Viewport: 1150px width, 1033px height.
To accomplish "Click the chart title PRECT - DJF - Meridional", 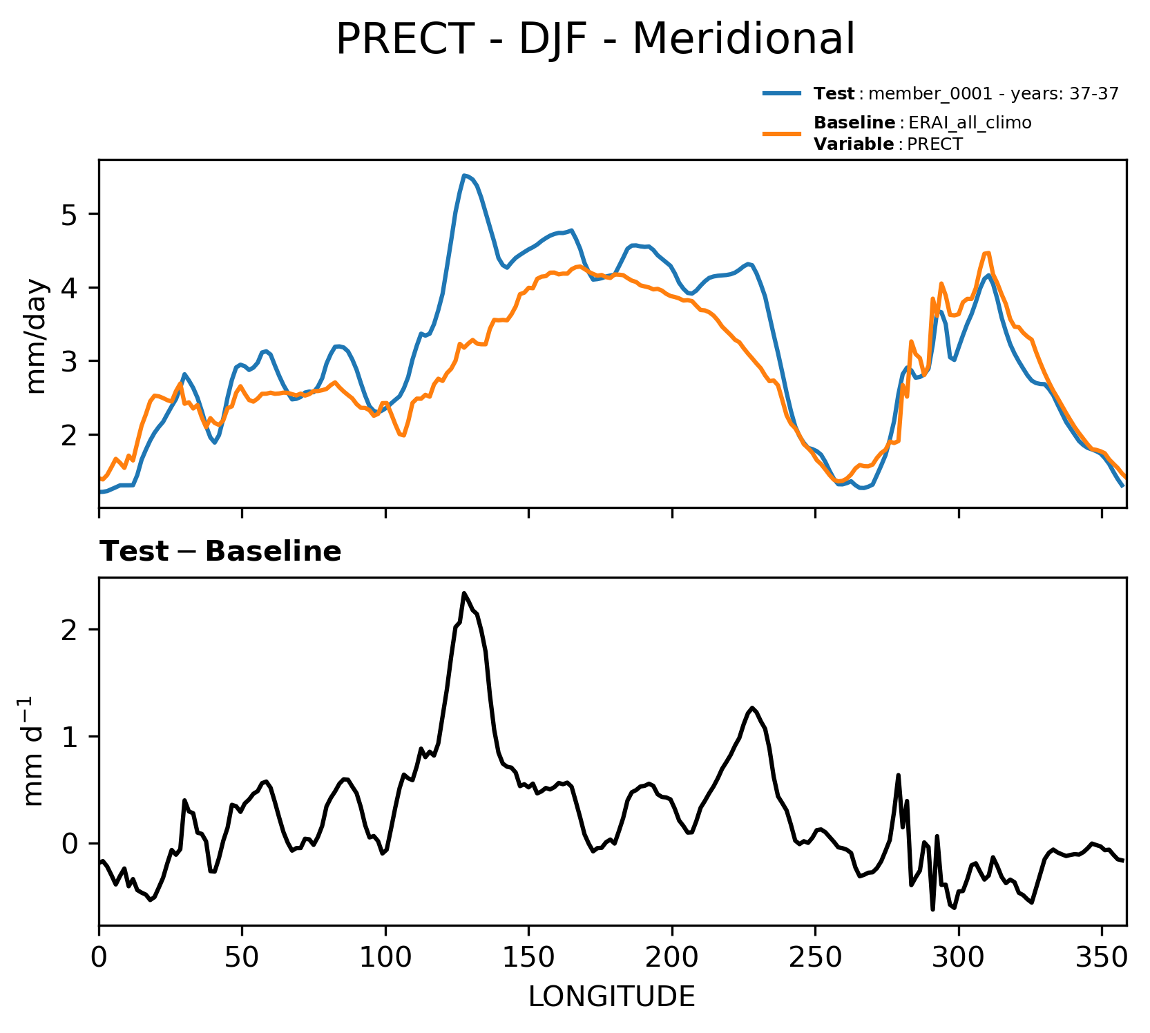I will click(595, 39).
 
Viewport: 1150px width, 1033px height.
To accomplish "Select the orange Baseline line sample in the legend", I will click(783, 133).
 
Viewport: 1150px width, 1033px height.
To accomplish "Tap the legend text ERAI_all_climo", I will click(970, 123).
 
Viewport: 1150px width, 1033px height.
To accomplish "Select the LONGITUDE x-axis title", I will click(611, 996).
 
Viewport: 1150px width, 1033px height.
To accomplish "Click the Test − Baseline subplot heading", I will click(220, 552).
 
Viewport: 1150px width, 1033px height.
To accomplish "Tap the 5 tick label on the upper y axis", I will click(68, 214).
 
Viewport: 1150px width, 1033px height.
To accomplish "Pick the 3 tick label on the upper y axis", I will click(68, 361).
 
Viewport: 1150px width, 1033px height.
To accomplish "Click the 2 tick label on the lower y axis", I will click(68, 630).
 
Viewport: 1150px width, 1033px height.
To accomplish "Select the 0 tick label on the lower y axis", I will click(68, 844).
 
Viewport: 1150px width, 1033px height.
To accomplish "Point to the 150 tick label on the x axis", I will click(528, 957).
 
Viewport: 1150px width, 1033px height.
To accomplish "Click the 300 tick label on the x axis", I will click(958, 957).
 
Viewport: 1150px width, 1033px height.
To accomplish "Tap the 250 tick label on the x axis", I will click(815, 957).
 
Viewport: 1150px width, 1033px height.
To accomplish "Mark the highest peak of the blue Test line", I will click(464, 175).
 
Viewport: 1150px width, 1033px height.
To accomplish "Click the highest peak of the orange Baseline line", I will click(988, 253).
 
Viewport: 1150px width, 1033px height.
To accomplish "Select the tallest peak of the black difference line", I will click(464, 592).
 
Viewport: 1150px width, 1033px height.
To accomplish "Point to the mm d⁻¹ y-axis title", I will click(34, 751).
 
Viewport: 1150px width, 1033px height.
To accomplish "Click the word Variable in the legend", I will click(854, 144).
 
